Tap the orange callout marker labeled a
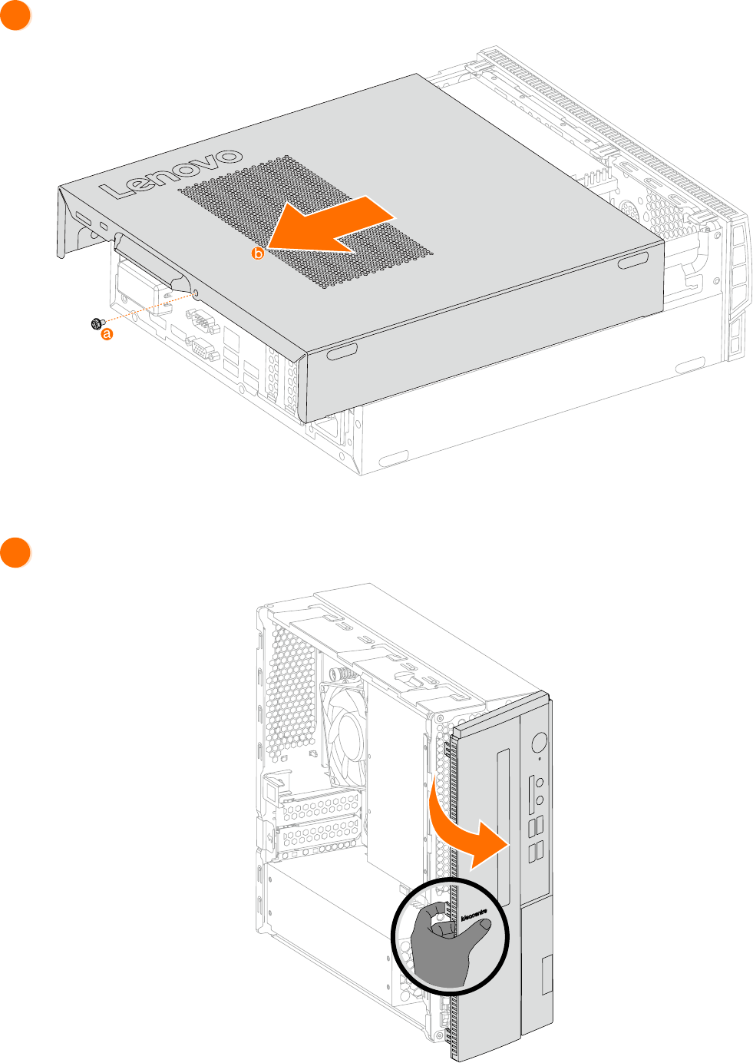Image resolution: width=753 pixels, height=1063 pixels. [x=107, y=333]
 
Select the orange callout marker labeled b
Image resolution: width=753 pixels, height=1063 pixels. [x=258, y=253]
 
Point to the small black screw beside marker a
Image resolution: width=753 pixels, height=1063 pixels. [x=97, y=324]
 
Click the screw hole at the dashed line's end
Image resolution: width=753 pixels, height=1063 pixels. [x=194, y=293]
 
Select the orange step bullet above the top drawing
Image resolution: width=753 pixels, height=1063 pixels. [x=15, y=15]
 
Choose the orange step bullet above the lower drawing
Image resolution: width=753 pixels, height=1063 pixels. [x=15, y=553]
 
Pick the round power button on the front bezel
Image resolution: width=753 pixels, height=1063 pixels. [x=539, y=742]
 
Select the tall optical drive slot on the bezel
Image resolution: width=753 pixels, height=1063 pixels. [x=504, y=826]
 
